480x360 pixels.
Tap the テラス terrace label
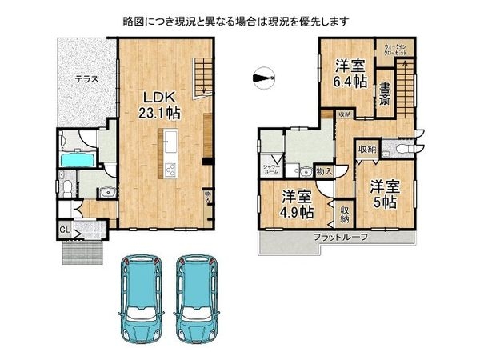coord(87,79)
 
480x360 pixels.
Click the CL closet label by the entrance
coord(64,231)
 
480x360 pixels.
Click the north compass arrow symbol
coord(262,78)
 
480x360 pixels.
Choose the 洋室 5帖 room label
coord(383,193)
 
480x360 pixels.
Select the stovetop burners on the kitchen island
coord(170,169)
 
